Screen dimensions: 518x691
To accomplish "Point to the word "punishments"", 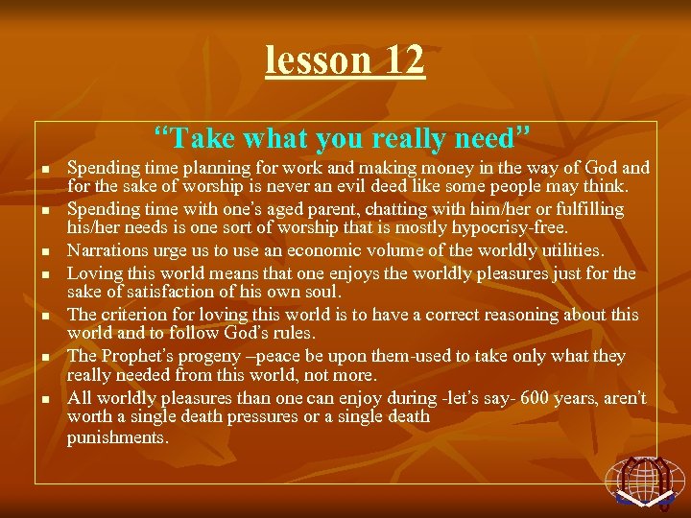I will tap(117, 437).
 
